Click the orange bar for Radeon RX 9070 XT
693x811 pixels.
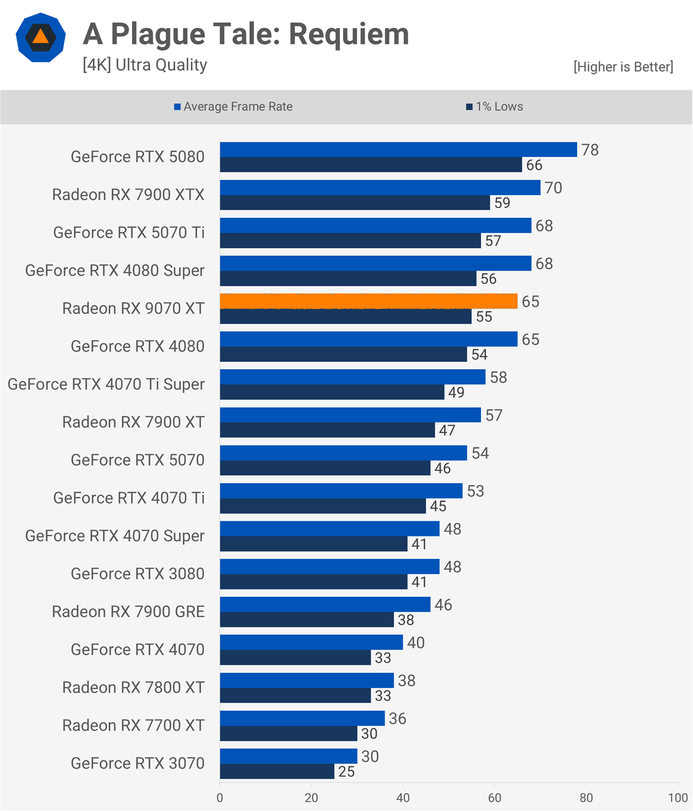click(368, 301)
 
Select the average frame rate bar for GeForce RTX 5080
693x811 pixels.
click(398, 149)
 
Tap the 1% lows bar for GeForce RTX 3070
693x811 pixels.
click(277, 771)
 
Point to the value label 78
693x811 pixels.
click(590, 150)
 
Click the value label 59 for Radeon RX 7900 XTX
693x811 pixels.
click(502, 203)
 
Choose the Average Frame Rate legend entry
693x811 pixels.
click(233, 107)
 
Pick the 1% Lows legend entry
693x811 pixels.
click(494, 107)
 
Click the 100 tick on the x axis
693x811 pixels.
click(677, 798)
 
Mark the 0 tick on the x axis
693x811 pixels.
click(220, 798)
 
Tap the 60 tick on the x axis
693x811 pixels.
click(495, 798)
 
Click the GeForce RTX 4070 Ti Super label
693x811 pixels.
click(106, 384)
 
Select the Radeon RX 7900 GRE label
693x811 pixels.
click(128, 612)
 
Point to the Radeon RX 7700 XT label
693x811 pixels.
click(134, 725)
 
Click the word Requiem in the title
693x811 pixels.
click(349, 34)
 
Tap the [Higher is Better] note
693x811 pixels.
click(623, 67)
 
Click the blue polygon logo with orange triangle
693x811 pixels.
click(40, 37)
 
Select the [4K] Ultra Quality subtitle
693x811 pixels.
click(145, 65)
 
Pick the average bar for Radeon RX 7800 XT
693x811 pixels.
click(307, 680)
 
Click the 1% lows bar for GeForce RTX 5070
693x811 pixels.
click(325, 468)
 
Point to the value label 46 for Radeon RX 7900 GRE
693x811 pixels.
click(443, 605)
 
